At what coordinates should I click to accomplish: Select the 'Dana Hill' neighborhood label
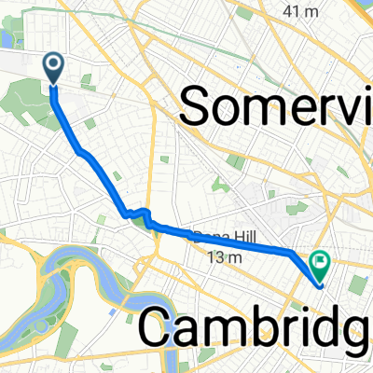point(222,238)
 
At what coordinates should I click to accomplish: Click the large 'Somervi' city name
point(275,104)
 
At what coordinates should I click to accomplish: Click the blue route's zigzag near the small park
point(140,213)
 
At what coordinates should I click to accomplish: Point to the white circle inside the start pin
point(52,63)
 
